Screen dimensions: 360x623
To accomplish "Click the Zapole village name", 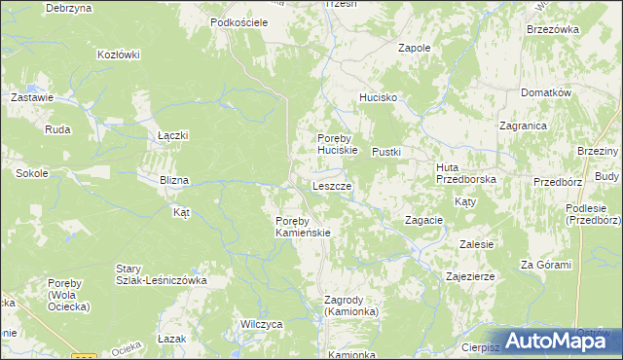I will (x=415, y=47).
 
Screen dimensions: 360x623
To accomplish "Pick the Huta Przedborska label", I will (x=466, y=173).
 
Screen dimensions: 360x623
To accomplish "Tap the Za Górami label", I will (x=545, y=265).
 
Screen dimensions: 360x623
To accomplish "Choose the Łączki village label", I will (x=172, y=135).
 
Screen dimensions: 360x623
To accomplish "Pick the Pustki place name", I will (x=386, y=152).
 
